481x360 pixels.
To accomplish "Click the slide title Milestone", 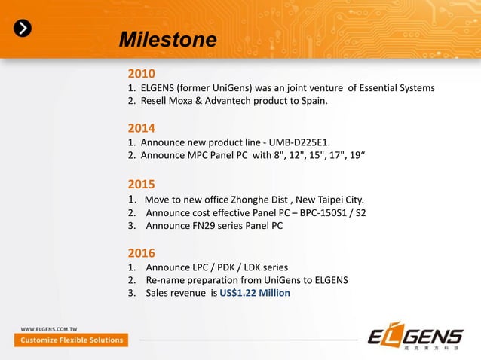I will pos(168,39).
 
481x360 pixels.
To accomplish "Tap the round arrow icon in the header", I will pos(24,28).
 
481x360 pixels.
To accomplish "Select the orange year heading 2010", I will pos(141,75).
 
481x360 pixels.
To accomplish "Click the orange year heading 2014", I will pos(141,128).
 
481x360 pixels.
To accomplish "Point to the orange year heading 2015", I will pos(141,184).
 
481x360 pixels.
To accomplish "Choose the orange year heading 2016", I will pos(141,252).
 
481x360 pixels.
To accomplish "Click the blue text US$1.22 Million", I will pos(255,293).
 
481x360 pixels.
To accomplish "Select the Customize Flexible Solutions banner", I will pos(71,340).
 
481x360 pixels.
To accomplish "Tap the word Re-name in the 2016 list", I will pos(166,279).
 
